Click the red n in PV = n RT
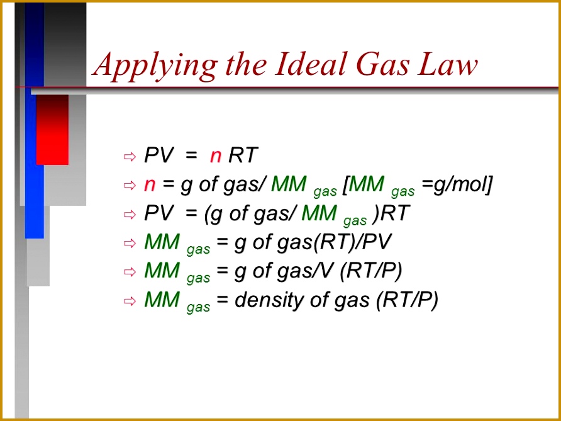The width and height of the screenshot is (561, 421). click(x=216, y=155)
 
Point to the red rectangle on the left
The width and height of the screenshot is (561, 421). click(x=52, y=129)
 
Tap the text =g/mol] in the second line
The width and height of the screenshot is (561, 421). click(x=457, y=184)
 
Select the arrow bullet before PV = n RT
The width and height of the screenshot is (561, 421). click(x=130, y=156)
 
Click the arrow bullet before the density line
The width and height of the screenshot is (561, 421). click(x=130, y=301)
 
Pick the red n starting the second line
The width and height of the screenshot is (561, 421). click(x=150, y=184)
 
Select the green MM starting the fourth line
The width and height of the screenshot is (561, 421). click(x=162, y=242)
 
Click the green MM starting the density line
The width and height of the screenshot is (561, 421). click(x=162, y=300)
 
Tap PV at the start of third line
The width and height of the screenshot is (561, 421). click(x=158, y=213)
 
